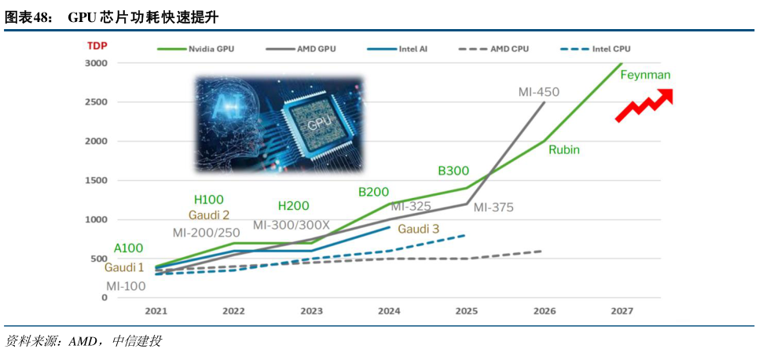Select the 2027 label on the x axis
(x=622, y=311)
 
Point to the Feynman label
(x=645, y=75)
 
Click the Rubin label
(x=564, y=149)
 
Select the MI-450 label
(x=539, y=92)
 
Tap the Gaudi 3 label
(x=419, y=229)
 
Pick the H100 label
(x=209, y=200)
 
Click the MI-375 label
(x=493, y=208)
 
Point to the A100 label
(x=129, y=248)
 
